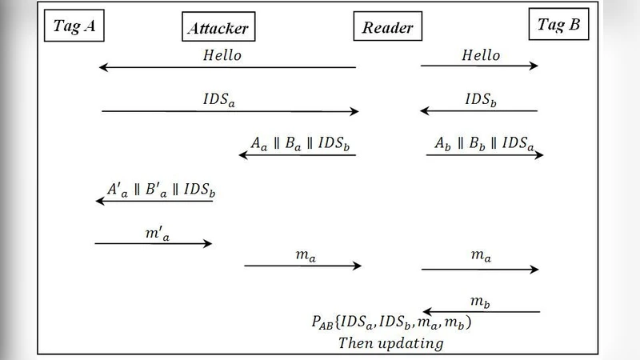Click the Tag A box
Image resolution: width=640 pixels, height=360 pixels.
point(76,26)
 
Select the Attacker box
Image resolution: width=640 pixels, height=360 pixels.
point(217,29)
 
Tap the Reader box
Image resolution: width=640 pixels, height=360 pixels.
point(387,29)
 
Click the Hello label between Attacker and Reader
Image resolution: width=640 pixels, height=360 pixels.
point(222,56)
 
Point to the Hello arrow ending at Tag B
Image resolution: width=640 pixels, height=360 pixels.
point(480,66)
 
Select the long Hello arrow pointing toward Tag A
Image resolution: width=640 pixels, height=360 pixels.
point(227,68)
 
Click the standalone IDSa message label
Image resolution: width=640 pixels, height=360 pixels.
point(220,100)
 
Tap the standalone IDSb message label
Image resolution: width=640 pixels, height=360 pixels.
point(482,100)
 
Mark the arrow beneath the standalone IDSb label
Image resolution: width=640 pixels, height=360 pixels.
point(480,111)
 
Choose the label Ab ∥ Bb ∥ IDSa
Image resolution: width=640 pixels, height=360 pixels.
point(485,144)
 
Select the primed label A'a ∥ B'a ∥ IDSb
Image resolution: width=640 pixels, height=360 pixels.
point(161,190)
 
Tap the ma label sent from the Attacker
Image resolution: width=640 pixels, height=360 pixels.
point(302,255)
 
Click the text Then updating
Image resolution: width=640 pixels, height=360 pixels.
point(391,343)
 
